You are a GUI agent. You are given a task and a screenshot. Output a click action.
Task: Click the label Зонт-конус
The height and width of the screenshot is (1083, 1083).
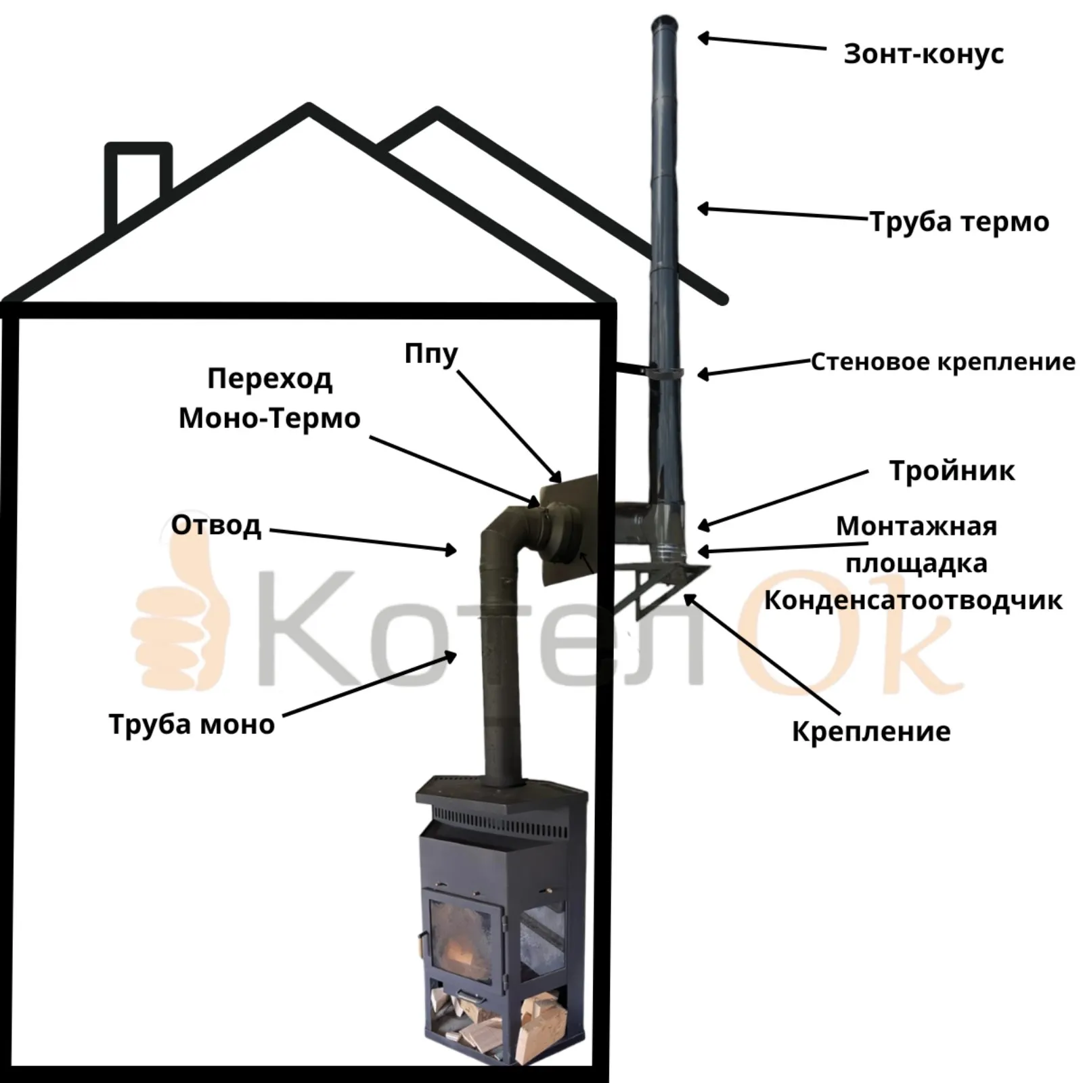pos(923,54)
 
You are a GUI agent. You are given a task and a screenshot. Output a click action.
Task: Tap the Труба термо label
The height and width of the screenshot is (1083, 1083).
pos(959,222)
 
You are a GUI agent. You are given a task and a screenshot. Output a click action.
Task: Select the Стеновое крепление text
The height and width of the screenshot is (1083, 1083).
pos(943,362)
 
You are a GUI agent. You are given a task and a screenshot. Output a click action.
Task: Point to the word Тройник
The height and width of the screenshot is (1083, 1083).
pos(952,471)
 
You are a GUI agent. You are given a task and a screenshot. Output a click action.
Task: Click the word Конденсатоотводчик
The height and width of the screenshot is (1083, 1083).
pos(913,600)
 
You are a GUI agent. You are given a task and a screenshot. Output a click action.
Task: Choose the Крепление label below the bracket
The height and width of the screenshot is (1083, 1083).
pos(871,732)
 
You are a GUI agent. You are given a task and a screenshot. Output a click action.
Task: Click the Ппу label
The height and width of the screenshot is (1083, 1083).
pos(431,354)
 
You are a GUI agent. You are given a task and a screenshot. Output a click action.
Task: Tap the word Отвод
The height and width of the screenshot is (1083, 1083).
pos(216,525)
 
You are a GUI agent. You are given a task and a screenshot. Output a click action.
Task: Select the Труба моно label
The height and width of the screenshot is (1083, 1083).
pos(192,724)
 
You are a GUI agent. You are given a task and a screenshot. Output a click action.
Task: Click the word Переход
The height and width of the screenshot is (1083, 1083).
pos(269,379)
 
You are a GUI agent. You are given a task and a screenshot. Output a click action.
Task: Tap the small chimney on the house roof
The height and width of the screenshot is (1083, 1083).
pos(139,183)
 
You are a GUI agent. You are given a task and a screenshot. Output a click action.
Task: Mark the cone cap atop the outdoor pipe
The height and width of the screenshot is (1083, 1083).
pos(665,27)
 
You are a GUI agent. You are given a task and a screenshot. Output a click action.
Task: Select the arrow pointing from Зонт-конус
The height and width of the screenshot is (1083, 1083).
pos(761,43)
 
